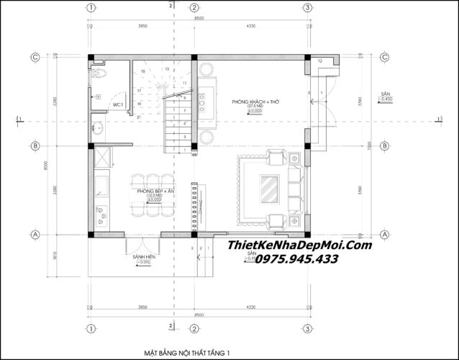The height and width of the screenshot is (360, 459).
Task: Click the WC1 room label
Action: click(x=118, y=105)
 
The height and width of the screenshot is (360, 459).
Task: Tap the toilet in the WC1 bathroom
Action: click(x=100, y=74)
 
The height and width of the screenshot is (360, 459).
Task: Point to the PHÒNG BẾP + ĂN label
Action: click(x=153, y=190)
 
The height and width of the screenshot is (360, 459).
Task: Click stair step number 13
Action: click(x=166, y=69)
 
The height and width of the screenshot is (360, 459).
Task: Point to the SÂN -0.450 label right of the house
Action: click(x=388, y=97)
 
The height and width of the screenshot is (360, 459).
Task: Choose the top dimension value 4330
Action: click(x=250, y=26)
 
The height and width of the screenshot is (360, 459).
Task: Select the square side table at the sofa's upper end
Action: click(x=277, y=153)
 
